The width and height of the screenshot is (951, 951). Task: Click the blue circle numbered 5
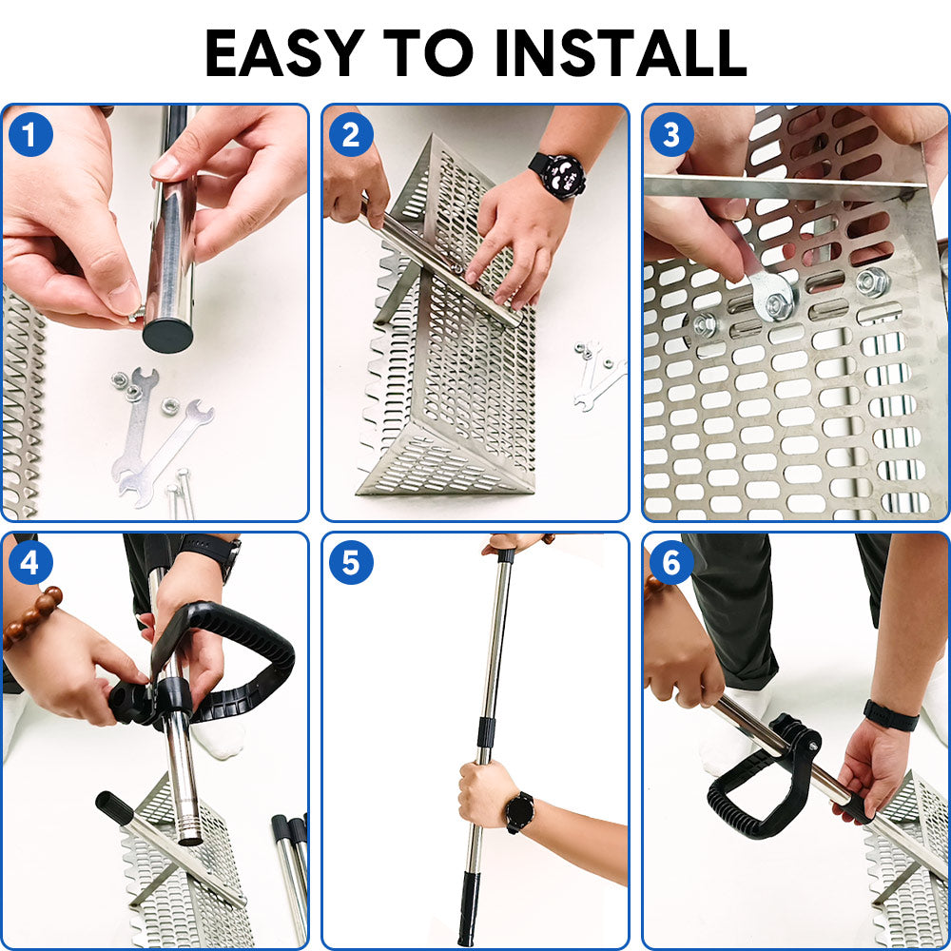tap(351, 563)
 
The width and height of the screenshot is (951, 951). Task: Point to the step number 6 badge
tap(671, 563)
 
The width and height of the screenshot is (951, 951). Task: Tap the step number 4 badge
tap(30, 563)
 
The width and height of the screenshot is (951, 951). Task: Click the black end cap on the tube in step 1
tap(167, 336)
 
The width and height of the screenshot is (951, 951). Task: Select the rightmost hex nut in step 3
tap(871, 281)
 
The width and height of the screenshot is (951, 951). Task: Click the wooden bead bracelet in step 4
tap(32, 618)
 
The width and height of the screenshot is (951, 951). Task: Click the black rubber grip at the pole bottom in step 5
tap(468, 908)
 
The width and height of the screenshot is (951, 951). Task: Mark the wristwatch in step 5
tap(519, 811)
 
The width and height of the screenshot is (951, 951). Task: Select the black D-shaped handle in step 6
tap(761, 789)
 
